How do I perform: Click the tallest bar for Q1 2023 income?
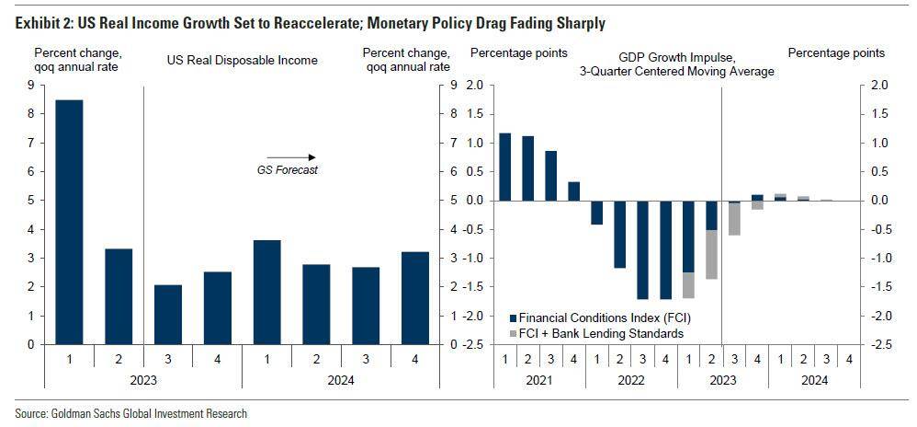(x=69, y=222)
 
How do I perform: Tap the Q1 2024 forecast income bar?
(x=266, y=292)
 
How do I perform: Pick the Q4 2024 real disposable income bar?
(x=416, y=298)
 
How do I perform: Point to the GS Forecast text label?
(x=287, y=170)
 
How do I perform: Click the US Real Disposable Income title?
(x=242, y=61)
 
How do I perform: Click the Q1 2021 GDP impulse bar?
(x=504, y=167)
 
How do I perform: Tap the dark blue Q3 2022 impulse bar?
(x=642, y=249)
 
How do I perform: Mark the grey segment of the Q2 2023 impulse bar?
(x=711, y=254)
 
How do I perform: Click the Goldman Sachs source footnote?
(x=130, y=413)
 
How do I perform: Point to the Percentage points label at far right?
(x=836, y=53)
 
